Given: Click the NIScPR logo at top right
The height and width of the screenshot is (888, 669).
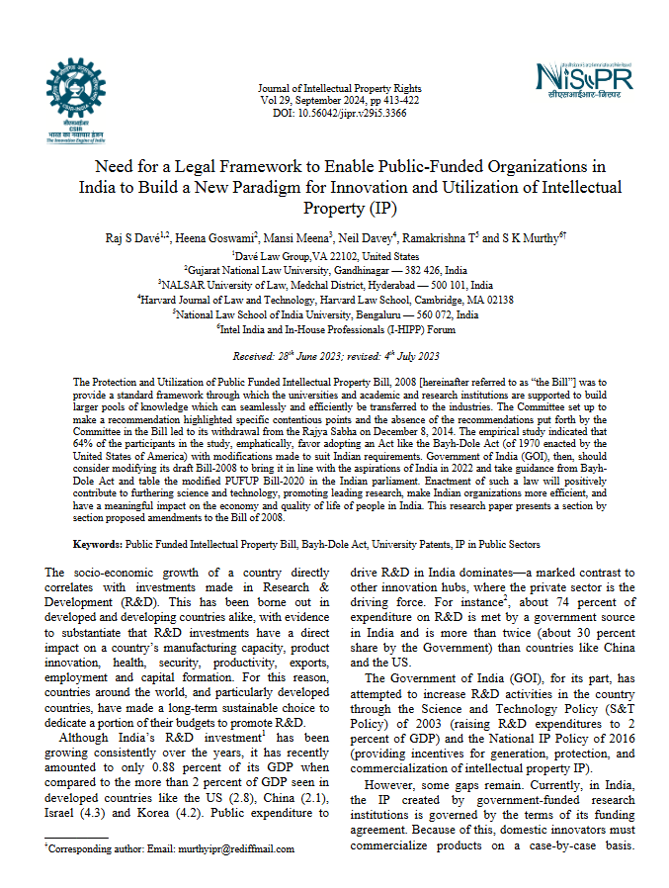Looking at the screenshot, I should pos(583,80).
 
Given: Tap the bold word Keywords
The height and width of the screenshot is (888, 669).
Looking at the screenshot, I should pos(98,545).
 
